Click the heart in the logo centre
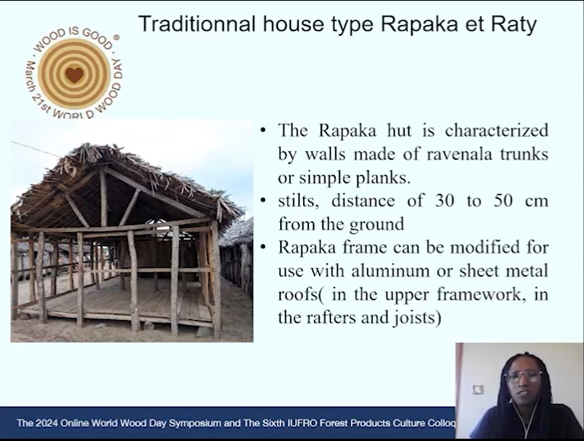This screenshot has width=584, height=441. click(74, 75)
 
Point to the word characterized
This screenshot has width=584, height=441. click(496, 130)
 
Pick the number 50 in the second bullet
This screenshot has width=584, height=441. click(503, 201)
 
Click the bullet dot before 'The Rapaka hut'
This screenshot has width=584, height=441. click(263, 131)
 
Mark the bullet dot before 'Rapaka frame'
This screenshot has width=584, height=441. click(263, 247)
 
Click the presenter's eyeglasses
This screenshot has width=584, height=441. click(524, 376)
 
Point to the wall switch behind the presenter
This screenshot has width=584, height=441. click(478, 389)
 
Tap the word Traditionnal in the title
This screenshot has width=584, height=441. click(196, 24)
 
